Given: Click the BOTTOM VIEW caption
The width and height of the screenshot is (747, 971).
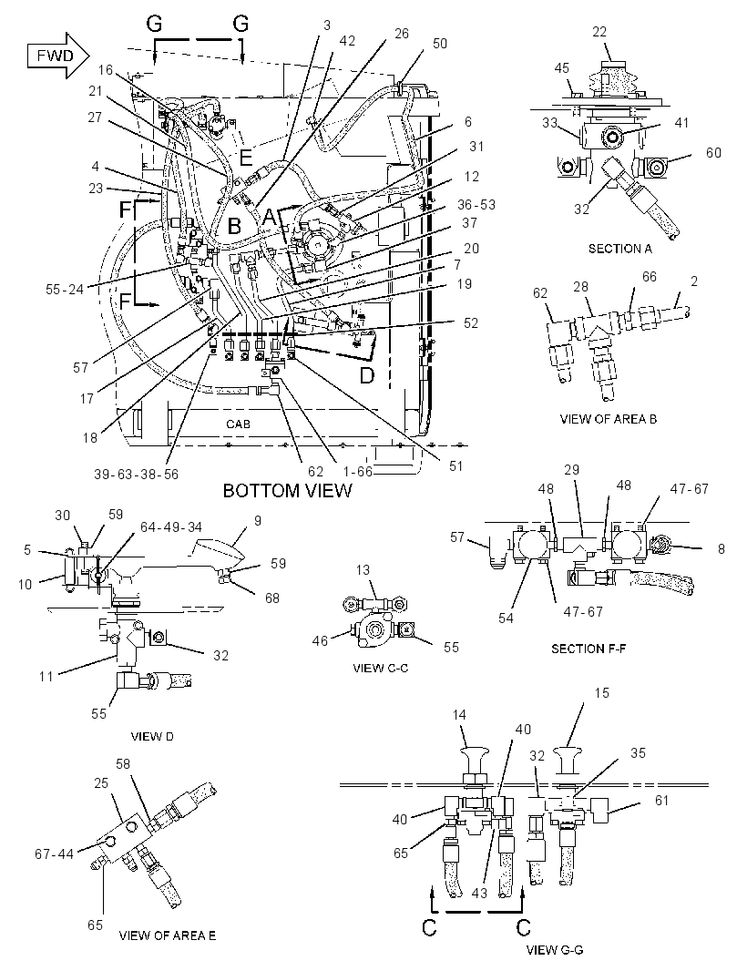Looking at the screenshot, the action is pyautogui.click(x=287, y=491).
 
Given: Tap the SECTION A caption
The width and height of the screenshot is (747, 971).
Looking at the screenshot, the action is pyautogui.click(x=620, y=249).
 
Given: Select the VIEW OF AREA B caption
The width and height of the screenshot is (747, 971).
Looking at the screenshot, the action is pyautogui.click(x=609, y=419).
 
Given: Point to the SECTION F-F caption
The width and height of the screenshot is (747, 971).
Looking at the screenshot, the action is pyautogui.click(x=588, y=649).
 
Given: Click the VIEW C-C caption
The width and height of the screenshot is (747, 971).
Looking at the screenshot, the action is pyautogui.click(x=380, y=669).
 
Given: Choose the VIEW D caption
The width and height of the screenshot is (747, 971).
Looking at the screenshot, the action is pyautogui.click(x=152, y=736).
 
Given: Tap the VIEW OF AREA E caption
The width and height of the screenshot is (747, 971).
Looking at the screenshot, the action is pyautogui.click(x=168, y=935).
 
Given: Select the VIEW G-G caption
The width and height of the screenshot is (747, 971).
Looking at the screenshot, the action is pyautogui.click(x=555, y=950).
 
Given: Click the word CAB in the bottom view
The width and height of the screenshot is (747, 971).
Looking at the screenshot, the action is pyautogui.click(x=238, y=424).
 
